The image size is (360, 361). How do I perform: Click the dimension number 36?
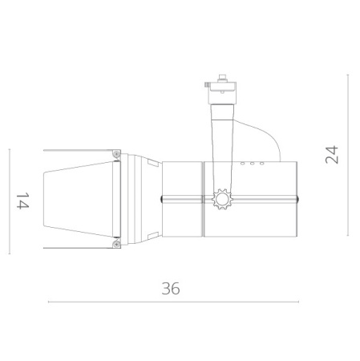pos(171,289)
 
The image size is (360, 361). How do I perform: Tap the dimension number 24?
pos(332,155)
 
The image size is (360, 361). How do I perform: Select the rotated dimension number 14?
pos(22,201)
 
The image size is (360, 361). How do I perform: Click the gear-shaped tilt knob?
pos(222,199)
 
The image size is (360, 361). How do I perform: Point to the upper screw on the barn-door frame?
pos(116,153)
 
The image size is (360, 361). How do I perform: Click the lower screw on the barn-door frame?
pos(116,244)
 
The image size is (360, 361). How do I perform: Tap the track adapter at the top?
pos(221,90)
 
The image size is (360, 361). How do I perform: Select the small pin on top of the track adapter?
pos(221,77)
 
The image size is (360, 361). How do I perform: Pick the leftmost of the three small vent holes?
pos(243,164)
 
